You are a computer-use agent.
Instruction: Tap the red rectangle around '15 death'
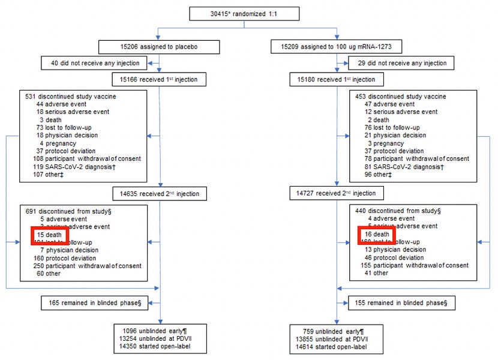tap(50, 234)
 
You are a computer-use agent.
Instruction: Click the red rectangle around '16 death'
tap(376, 234)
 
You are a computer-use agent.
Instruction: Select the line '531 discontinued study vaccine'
tap(71, 96)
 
